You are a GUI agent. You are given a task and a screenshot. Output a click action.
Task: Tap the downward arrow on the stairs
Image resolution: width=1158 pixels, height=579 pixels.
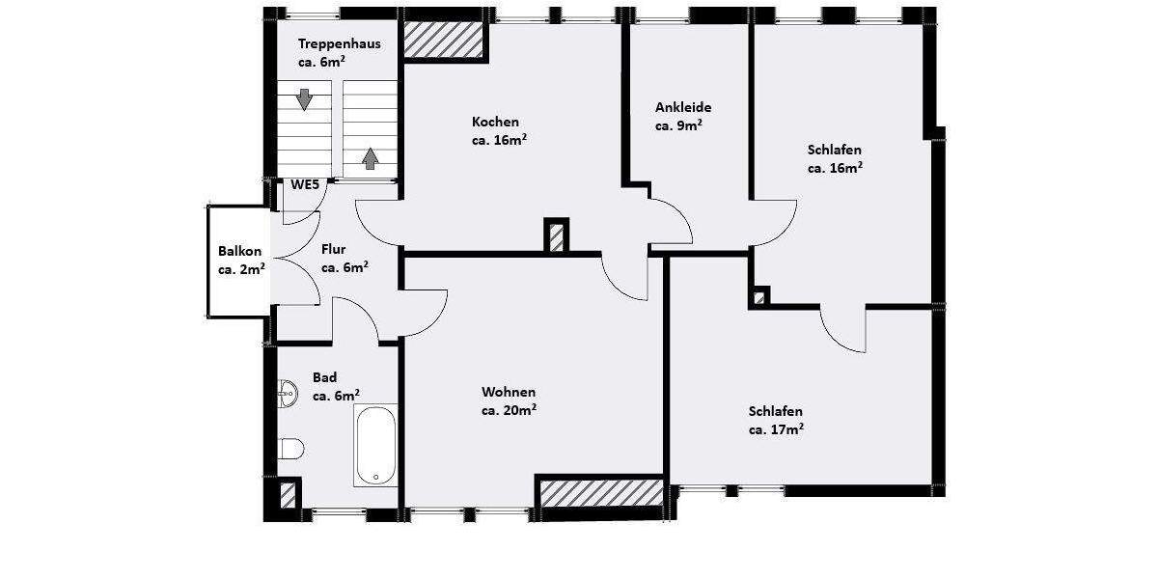pyautogui.click(x=305, y=99)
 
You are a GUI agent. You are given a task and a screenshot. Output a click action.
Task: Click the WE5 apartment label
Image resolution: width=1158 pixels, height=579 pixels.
pyautogui.click(x=305, y=184)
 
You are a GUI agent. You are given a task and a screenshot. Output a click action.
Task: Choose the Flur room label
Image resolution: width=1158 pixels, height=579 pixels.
pyautogui.click(x=333, y=249)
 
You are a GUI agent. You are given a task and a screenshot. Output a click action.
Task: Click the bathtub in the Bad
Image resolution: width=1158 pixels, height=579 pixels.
pyautogui.click(x=374, y=445)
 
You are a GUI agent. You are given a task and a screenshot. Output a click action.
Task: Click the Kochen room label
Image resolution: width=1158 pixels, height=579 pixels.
pyautogui.click(x=495, y=122)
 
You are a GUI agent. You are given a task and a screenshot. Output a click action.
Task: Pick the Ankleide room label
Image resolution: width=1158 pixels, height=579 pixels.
pyautogui.click(x=682, y=107)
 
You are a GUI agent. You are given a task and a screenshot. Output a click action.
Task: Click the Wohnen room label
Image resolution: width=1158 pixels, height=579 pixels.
pyautogui.click(x=508, y=392)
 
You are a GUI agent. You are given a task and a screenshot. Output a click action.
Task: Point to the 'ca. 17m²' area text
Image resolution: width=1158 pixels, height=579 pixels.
pyautogui.click(x=776, y=428)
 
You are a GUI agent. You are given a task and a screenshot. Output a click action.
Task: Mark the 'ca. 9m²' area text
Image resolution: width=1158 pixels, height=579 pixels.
pyautogui.click(x=678, y=125)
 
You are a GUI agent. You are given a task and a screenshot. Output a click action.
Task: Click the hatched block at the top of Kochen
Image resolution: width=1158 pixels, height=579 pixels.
pyautogui.click(x=443, y=41)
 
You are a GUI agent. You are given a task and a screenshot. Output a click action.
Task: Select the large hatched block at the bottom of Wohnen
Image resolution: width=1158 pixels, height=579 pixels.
pyautogui.click(x=600, y=491)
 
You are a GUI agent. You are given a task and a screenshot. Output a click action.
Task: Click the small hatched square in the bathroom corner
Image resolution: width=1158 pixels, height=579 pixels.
pyautogui.click(x=287, y=495)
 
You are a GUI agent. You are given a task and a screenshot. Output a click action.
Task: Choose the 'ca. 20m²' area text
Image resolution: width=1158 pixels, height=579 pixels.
pyautogui.click(x=509, y=410)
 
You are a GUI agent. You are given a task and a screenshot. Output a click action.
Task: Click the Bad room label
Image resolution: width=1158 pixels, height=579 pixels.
pyautogui.click(x=324, y=377)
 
